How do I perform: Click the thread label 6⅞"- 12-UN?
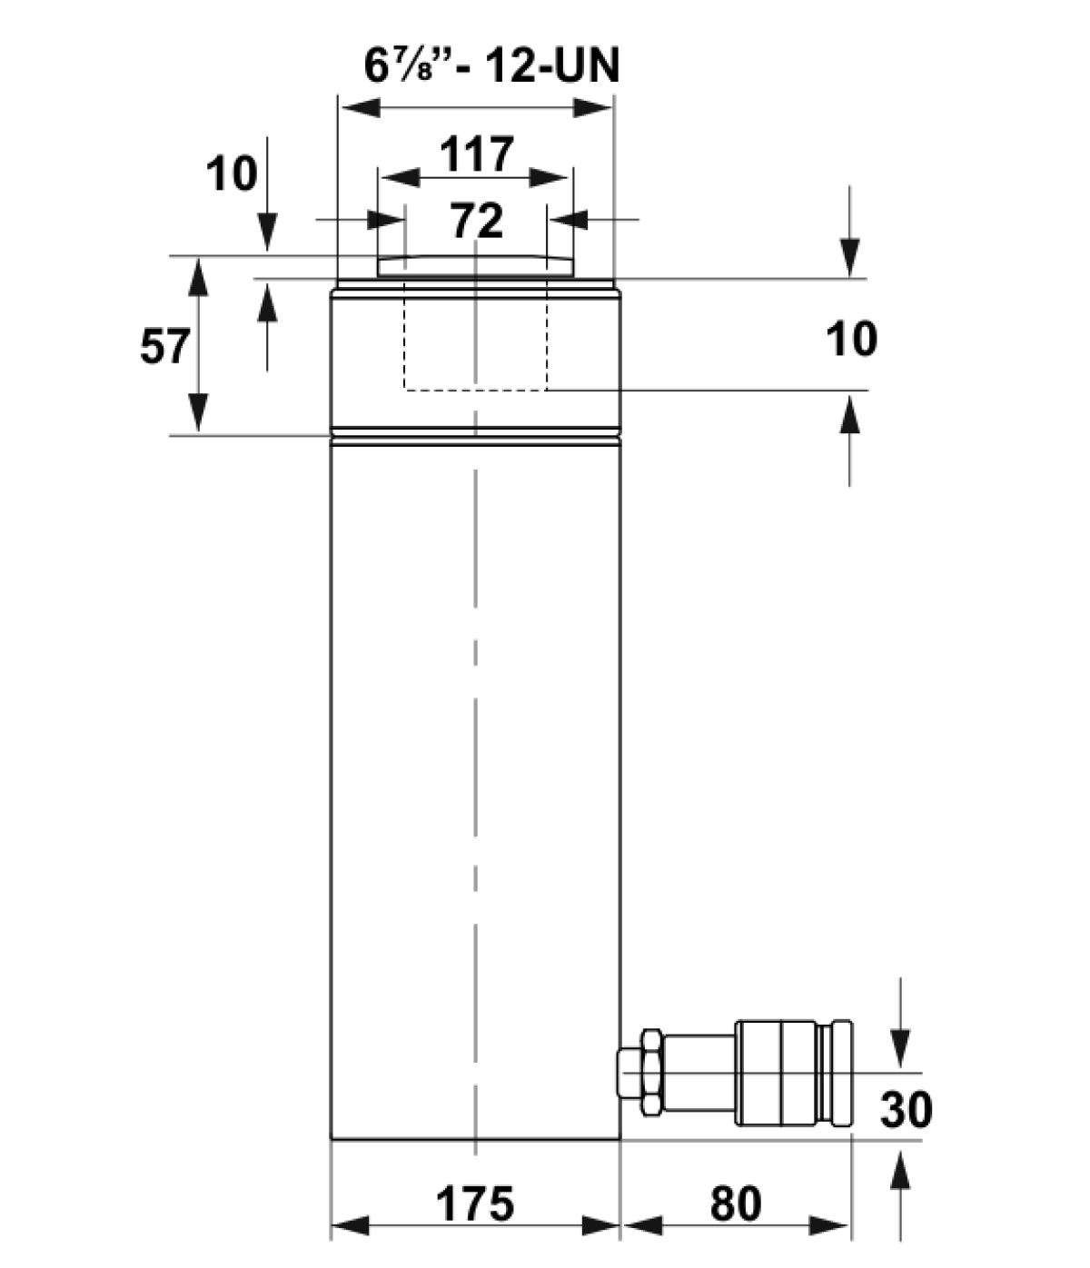(491, 65)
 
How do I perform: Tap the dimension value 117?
(477, 154)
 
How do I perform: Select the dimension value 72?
(477, 220)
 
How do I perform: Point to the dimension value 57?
(165, 347)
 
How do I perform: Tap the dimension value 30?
(906, 1110)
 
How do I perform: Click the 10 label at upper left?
(232, 173)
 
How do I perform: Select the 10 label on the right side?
(851, 338)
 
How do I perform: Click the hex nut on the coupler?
(651, 1074)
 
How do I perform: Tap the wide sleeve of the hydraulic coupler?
(776, 1074)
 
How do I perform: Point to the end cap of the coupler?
(842, 1074)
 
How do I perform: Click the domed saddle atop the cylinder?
(475, 265)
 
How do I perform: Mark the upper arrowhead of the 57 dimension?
(198, 277)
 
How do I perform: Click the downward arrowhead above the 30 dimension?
(900, 1048)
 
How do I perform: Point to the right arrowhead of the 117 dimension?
(549, 178)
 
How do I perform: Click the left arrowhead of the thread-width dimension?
(362, 108)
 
